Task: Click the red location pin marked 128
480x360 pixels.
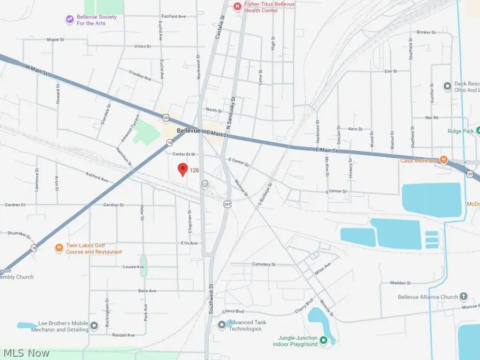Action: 182,170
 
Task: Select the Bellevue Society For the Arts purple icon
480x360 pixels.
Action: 69,20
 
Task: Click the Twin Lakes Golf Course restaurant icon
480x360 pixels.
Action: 59,248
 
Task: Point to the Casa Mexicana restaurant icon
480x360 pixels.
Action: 443,161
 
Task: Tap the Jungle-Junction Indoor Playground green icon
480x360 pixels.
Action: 323,340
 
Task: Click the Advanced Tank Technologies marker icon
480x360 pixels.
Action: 222,325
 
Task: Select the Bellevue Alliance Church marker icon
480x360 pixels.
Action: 464,297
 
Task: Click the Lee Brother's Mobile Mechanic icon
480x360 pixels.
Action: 94,326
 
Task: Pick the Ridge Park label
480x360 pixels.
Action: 462,131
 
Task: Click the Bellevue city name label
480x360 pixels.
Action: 188,131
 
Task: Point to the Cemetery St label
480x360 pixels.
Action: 265,264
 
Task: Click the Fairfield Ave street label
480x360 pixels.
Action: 173,17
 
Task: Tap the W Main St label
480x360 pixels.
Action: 37,69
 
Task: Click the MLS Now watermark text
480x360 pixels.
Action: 27,353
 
